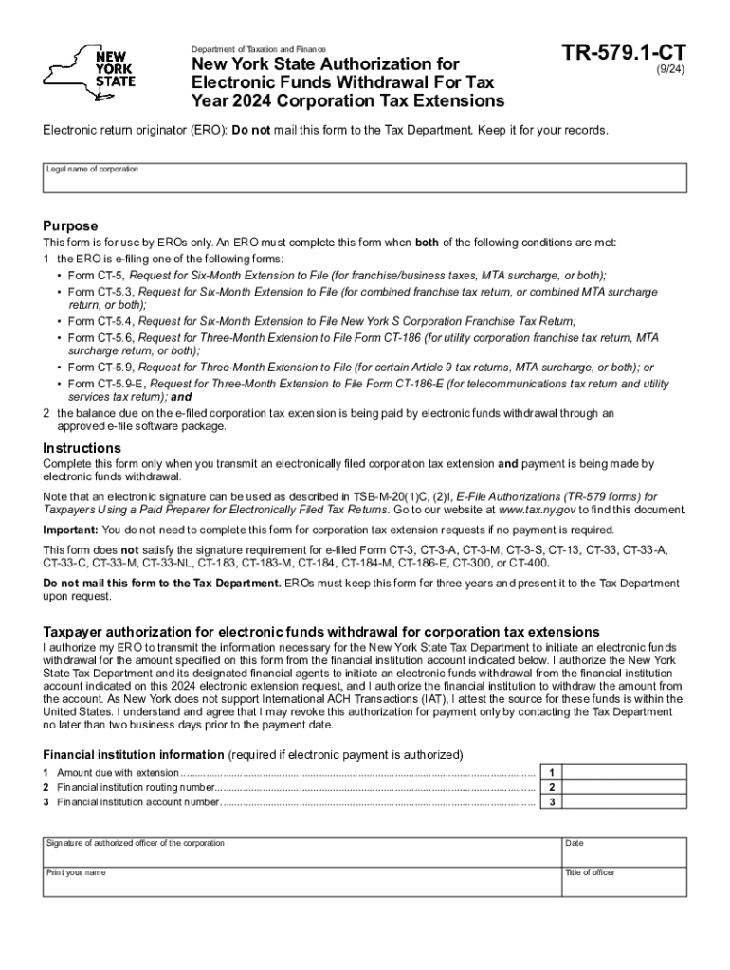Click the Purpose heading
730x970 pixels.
[x=70, y=225]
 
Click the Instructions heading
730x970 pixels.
[x=82, y=448]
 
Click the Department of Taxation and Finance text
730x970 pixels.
[x=258, y=49]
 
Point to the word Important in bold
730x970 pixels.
[x=70, y=530]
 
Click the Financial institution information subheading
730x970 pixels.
[x=133, y=755]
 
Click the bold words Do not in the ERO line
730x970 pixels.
[x=249, y=129]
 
